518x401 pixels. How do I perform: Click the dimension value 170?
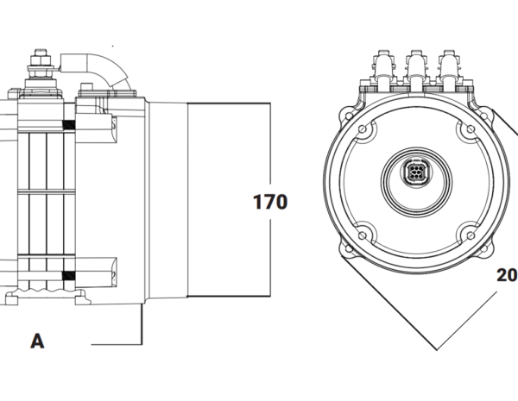(x=269, y=203)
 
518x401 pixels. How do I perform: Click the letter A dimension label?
(x=37, y=341)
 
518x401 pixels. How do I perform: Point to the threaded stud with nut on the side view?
(x=39, y=69)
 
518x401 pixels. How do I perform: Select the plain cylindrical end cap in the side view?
(x=229, y=200)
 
